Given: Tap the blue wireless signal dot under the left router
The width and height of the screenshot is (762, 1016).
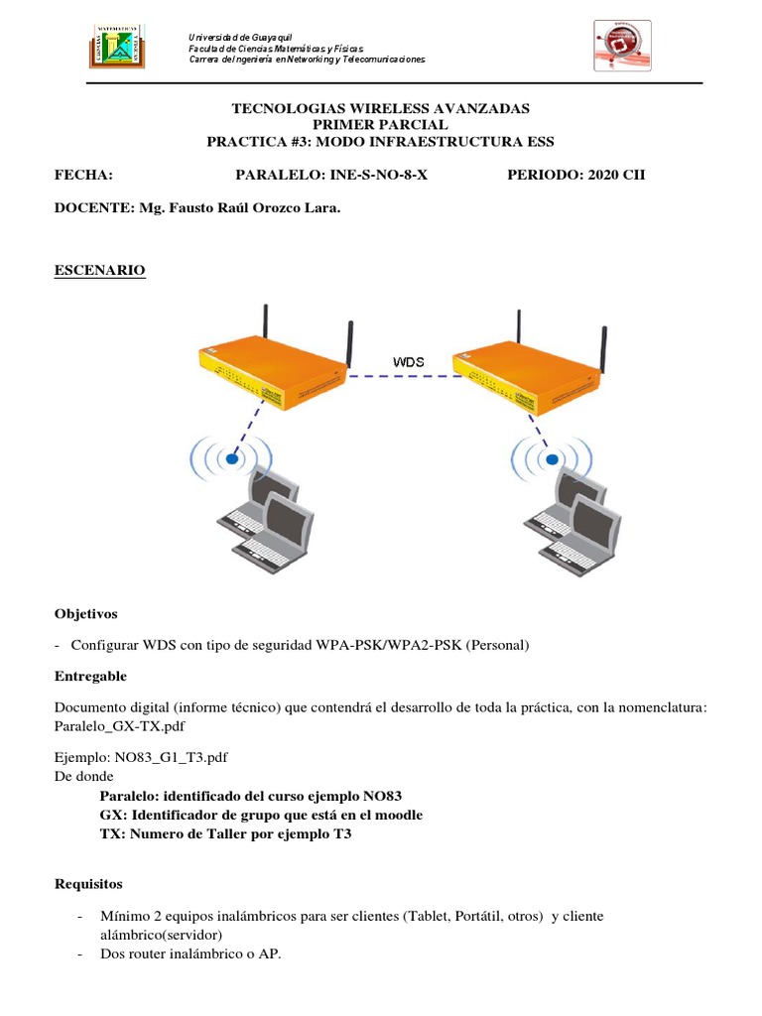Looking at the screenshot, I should click(x=230, y=458).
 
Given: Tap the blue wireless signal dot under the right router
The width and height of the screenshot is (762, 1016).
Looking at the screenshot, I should click(x=550, y=458).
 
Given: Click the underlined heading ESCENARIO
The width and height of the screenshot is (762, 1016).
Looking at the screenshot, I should click(x=99, y=271).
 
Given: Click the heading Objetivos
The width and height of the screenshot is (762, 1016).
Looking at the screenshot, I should click(x=85, y=614).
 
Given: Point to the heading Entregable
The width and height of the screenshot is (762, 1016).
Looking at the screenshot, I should click(x=90, y=676).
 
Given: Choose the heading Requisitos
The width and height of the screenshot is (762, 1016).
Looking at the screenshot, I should click(x=88, y=883).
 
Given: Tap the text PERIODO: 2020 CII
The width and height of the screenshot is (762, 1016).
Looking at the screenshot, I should click(x=575, y=176).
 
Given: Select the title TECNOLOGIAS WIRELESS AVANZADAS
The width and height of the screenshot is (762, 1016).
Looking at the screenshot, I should click(x=380, y=108).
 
